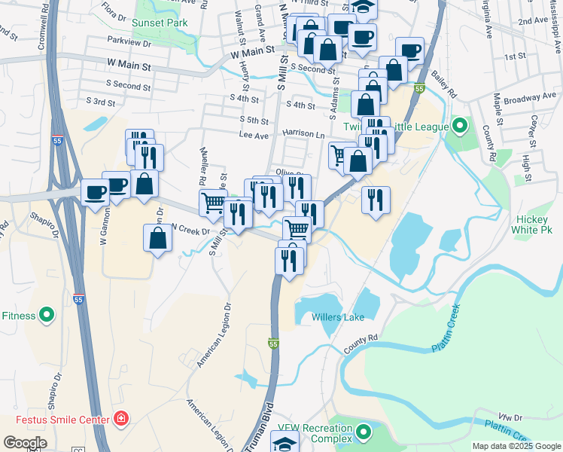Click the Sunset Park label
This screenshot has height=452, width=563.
pos(159,23)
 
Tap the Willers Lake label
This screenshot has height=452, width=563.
pos(338,317)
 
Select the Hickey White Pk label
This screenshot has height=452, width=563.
pos(534,224)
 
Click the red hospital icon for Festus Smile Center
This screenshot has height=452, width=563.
pos(121,418)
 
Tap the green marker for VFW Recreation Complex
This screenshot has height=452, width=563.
pos(364,432)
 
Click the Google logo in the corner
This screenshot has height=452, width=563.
pos(25,443)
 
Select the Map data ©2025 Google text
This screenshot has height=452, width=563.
pos(516,446)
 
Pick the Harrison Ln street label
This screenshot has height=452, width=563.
pos(303,133)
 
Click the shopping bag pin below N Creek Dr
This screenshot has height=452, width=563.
pos(157,238)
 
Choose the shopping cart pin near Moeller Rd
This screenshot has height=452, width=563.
pos(213,202)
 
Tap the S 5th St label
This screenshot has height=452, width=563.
pos(254,120)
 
